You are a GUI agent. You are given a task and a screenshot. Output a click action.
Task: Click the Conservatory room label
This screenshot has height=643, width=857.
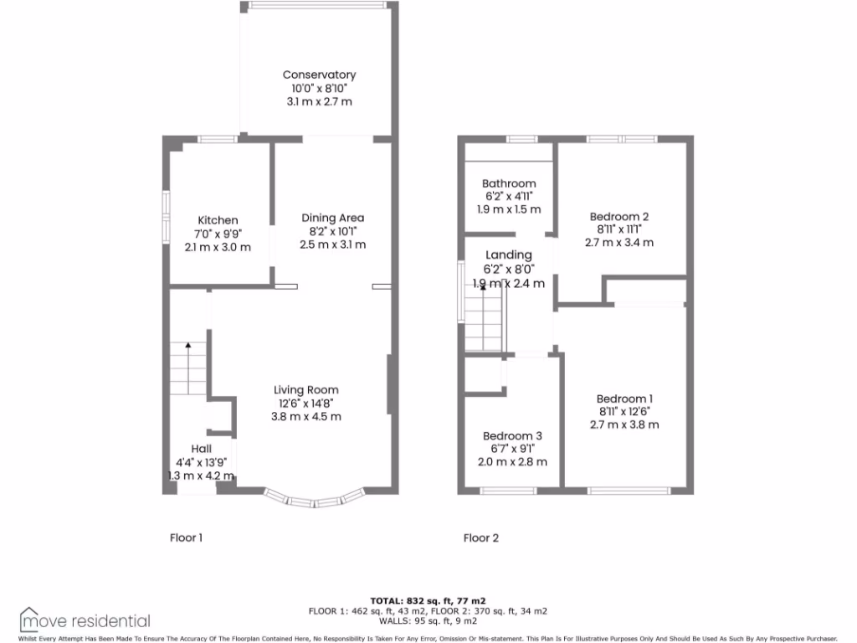[x=318, y=75]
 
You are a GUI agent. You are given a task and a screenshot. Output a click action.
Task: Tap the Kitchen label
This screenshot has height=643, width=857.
[x=218, y=220]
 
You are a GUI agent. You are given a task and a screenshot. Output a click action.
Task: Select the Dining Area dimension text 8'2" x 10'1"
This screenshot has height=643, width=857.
[x=332, y=231]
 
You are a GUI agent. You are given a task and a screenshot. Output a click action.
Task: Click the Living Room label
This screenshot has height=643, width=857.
[x=306, y=389]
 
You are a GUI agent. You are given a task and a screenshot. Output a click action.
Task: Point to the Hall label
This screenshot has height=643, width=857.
[x=200, y=449]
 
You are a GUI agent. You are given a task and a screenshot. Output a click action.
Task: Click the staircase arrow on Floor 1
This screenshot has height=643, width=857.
[x=188, y=344]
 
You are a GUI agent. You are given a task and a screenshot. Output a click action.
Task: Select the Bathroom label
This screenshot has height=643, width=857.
[x=509, y=183]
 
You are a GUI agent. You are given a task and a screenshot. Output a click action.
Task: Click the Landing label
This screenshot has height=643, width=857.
[x=509, y=255]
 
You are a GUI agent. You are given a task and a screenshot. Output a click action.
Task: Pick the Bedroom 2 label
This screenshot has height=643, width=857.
[x=618, y=216]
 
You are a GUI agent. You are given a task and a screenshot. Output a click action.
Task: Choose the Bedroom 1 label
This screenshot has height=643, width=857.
[x=624, y=399]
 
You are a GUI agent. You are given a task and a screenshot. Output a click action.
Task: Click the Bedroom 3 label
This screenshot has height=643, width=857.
[x=512, y=435]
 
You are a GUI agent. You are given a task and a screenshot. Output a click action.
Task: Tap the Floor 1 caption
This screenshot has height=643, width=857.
[x=186, y=538]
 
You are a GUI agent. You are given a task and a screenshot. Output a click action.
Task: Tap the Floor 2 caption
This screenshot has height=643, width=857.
[x=481, y=538]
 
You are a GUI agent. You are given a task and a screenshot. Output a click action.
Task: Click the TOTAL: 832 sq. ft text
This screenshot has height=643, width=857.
[x=428, y=600]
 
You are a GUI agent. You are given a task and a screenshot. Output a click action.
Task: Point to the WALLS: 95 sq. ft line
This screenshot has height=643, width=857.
[x=428, y=620]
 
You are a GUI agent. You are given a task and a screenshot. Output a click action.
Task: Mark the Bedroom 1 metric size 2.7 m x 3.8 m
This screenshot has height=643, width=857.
[x=624, y=424]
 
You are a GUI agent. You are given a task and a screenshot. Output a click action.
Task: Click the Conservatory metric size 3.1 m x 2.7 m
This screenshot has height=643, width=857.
[x=318, y=101]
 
